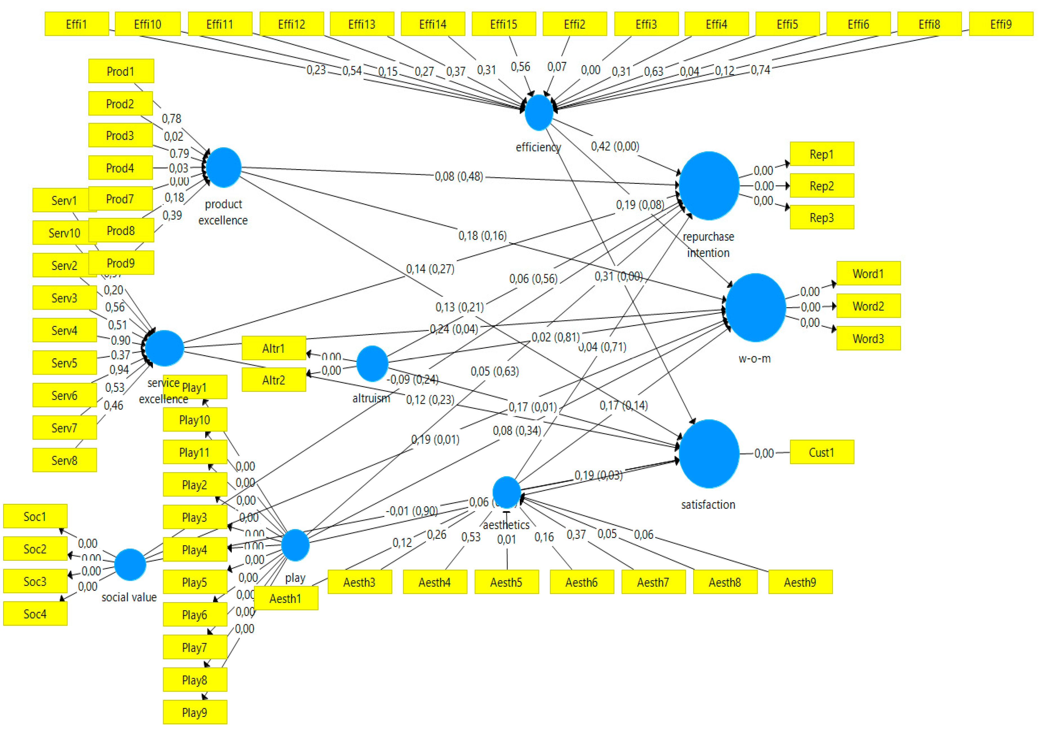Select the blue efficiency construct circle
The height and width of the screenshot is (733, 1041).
[539, 112]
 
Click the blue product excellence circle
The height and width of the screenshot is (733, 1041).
[224, 167]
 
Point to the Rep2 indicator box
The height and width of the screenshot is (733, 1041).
[822, 186]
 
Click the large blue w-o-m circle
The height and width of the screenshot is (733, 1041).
[755, 307]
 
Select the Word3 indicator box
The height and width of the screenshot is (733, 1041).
[868, 339]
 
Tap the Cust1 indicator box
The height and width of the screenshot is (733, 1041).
[822, 452]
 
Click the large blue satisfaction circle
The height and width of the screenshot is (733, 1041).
[709, 453]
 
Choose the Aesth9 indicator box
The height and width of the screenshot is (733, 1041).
[800, 582]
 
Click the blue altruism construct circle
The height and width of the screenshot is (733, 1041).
[372, 364]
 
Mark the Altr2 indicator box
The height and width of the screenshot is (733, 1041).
[273, 380]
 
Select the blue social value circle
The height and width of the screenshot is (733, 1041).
[130, 564]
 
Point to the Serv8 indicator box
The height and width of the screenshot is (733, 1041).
[64, 461]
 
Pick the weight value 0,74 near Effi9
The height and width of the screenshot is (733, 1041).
[760, 70]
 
